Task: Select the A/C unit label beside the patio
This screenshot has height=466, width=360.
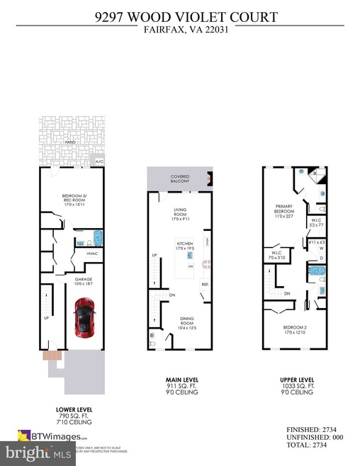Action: (x=100, y=161)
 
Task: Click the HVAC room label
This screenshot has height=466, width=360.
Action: (x=91, y=253)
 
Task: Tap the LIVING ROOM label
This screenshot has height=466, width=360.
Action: (x=180, y=215)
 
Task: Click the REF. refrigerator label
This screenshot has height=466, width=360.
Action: (x=204, y=285)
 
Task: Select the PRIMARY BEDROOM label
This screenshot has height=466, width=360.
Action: (x=284, y=210)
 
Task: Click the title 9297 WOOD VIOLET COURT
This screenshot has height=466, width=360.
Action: (x=179, y=14)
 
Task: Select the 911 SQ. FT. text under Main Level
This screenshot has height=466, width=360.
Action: (x=180, y=385)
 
